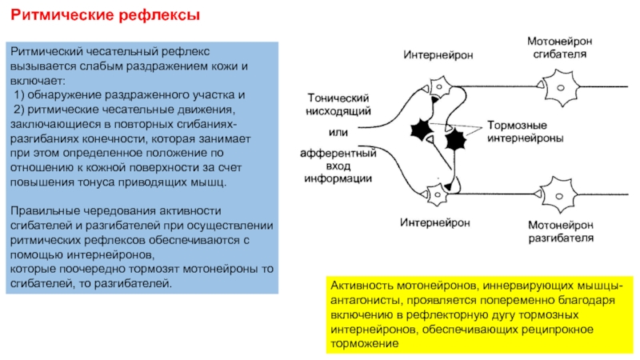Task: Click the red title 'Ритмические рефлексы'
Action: point(105,15)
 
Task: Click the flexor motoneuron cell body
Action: point(562,87)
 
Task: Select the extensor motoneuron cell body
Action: point(558,195)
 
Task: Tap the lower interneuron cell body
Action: point(437,194)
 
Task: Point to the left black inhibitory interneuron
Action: point(422,130)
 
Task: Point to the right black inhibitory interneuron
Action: point(455,140)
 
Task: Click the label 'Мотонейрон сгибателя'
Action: point(559,47)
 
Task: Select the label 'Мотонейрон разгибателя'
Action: point(561,231)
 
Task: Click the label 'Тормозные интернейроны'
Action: point(526,131)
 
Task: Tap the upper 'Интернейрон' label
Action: point(438,54)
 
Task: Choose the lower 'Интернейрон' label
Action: point(435,222)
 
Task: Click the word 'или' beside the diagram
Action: point(338,133)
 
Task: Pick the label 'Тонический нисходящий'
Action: point(338,105)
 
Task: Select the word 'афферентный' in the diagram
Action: point(338,154)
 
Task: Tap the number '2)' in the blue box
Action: point(18,110)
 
